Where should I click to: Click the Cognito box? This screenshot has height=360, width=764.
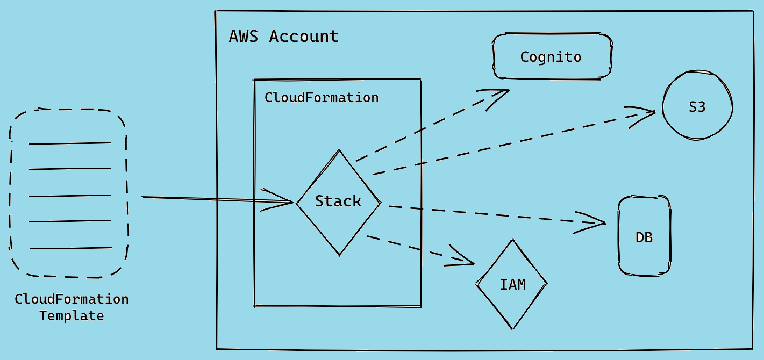[x=552, y=57]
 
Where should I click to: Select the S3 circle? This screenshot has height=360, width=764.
[x=697, y=107]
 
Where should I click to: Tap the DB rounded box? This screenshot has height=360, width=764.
[x=644, y=237]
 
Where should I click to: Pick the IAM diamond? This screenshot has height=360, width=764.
[x=511, y=284]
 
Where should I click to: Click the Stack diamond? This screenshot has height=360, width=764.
[x=338, y=202]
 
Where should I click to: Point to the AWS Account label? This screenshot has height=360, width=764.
[x=284, y=37]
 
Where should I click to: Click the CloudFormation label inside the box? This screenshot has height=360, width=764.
[x=322, y=98]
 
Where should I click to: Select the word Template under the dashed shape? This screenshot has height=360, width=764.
[x=72, y=315]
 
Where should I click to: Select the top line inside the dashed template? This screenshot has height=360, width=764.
[x=70, y=143]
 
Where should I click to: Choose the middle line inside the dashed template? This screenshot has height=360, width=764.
[x=70, y=196]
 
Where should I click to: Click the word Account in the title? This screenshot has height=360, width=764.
[x=304, y=37]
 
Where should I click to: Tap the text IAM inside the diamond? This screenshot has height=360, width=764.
[x=512, y=284]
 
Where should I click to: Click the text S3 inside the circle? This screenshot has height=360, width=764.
[x=697, y=107]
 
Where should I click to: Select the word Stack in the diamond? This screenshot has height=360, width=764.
[x=338, y=201]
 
